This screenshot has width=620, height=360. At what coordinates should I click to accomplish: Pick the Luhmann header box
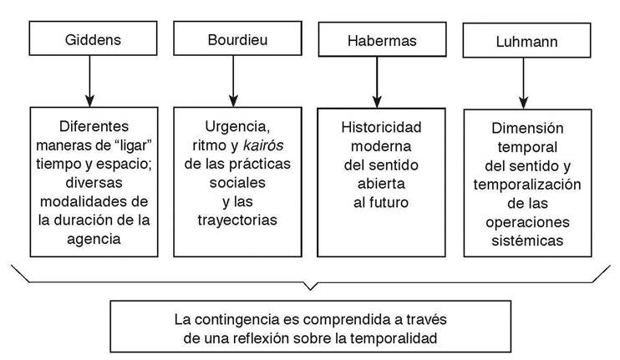523,42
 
